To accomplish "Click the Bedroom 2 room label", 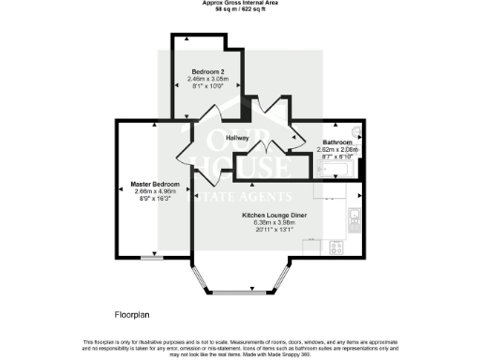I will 208,71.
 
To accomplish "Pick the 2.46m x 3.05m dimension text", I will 208,79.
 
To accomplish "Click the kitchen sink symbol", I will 352,221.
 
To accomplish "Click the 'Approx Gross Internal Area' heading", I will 239,3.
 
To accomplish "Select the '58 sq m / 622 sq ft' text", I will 239,9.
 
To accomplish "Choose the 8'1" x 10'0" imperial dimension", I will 208,85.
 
